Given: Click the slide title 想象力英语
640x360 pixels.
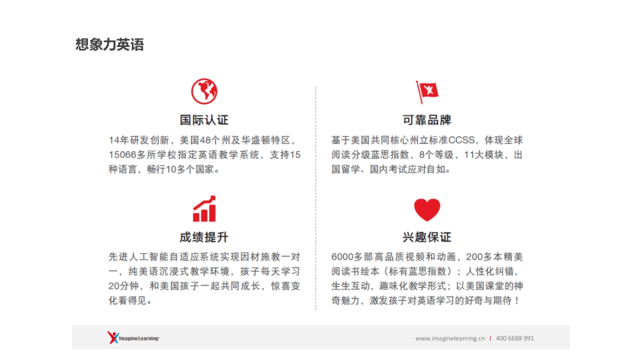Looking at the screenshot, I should click(109, 45).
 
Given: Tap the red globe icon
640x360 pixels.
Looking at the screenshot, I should click(204, 91).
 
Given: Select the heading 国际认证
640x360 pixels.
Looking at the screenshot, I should click(204, 119).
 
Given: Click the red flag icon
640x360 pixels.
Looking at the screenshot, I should click(427, 92).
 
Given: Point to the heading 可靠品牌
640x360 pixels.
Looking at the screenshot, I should click(427, 119).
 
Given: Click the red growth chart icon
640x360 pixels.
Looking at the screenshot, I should click(204, 209).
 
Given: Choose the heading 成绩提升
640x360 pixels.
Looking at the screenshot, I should click(204, 237).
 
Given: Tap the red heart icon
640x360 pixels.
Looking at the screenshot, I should click(427, 210).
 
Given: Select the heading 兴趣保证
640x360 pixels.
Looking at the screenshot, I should click(427, 237).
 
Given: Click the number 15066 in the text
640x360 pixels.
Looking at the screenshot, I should click(121, 155).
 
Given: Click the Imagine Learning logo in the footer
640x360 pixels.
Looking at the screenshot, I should click(133, 338).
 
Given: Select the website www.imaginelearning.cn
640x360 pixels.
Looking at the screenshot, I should click(450, 338).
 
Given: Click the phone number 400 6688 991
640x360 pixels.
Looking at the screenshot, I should click(515, 338).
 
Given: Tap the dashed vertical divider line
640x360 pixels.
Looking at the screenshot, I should click(316, 197).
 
